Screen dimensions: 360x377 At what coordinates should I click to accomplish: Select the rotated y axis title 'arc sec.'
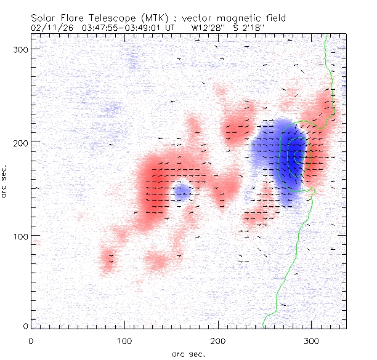click(6, 181)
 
